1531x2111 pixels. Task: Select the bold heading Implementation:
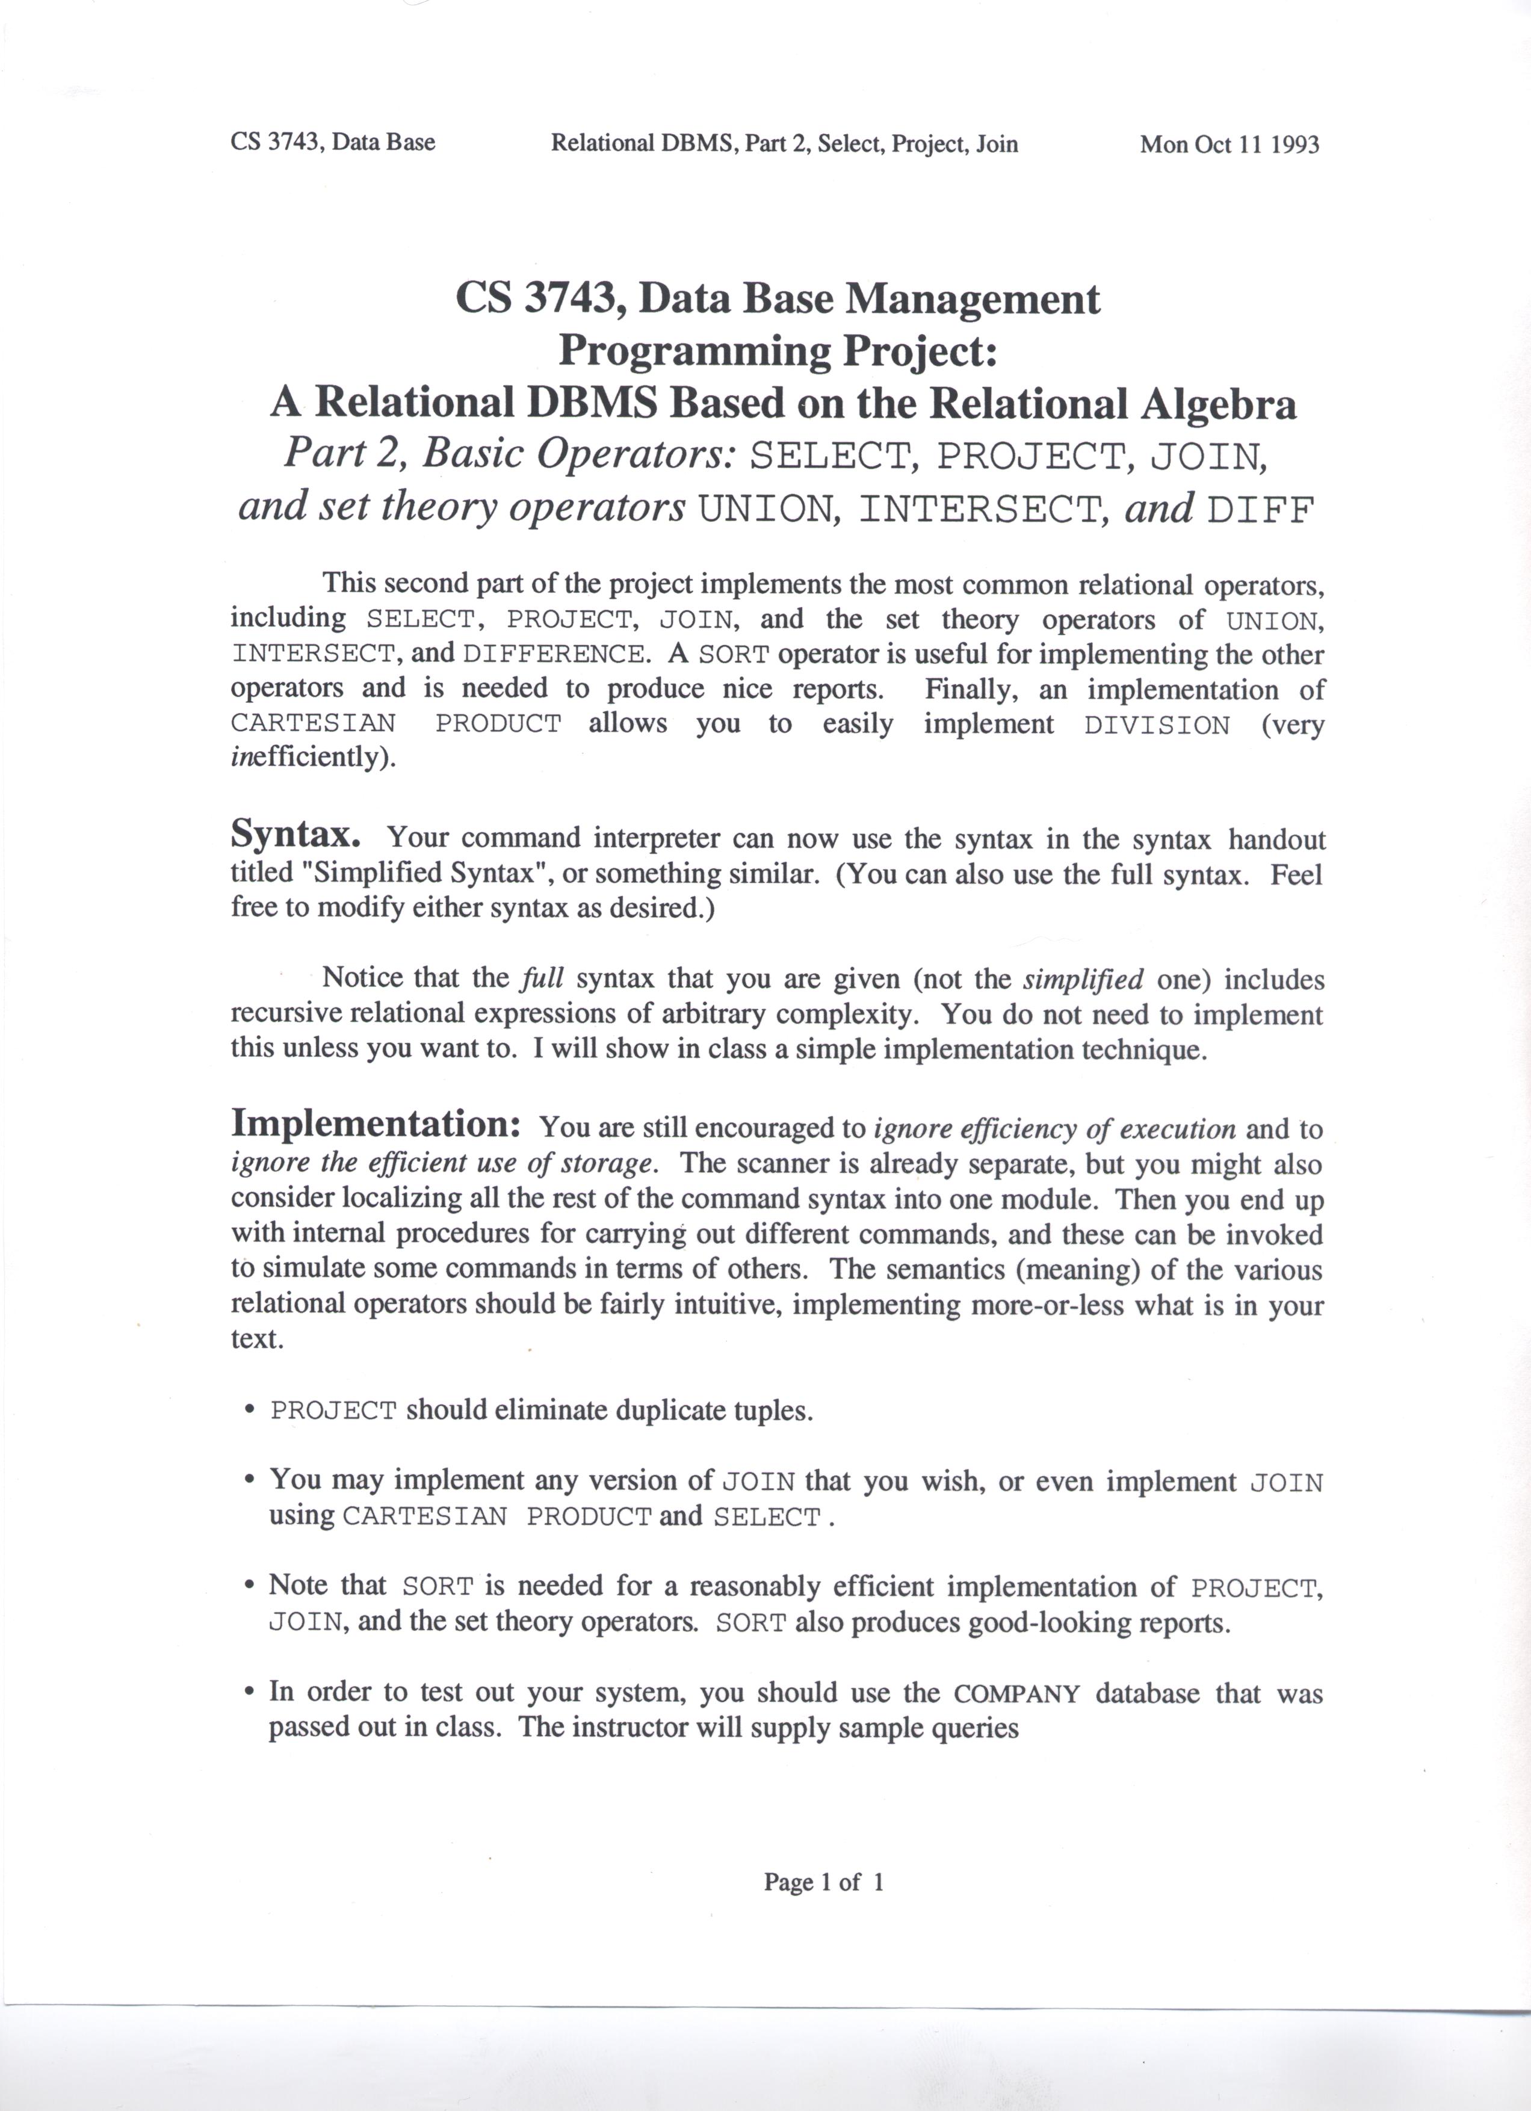coord(375,1123)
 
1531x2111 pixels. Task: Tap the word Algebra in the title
coord(1217,403)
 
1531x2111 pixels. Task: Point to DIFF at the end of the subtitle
coord(1261,510)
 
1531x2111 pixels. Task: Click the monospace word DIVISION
coord(1157,725)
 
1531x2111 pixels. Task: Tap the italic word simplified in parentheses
coord(1083,979)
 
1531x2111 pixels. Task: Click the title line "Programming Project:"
coord(777,351)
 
